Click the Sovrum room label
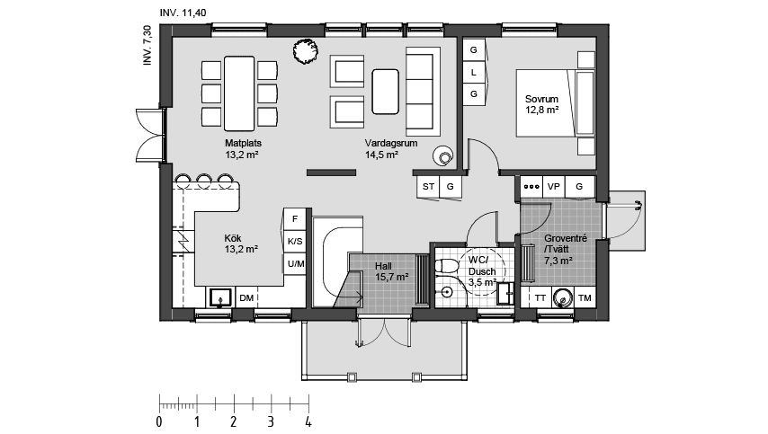coord(543,104)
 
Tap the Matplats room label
coord(242,148)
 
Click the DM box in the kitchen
coord(246,297)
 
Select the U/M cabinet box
coord(295,263)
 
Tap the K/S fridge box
coord(295,242)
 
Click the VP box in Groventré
coord(554,187)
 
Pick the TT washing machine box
coord(540,297)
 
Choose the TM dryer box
coord(585,297)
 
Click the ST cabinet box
coord(428,186)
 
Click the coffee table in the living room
coord(387,92)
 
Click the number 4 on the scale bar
coord(308,421)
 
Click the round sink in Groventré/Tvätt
coord(563,297)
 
